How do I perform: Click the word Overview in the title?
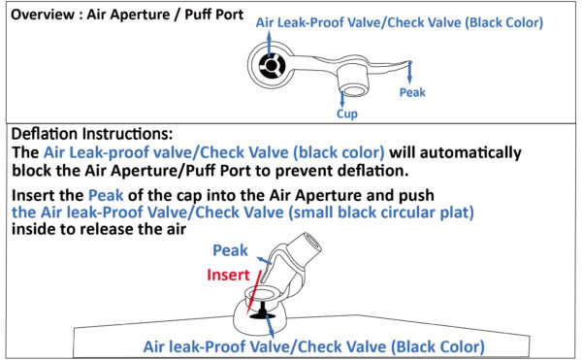(43, 15)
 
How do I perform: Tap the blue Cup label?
(347, 114)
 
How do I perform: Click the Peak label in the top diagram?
(412, 92)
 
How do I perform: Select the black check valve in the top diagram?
(272, 66)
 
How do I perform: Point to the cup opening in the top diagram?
(355, 90)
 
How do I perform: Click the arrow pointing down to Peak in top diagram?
(409, 72)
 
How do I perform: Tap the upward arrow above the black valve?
(269, 44)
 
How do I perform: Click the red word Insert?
(228, 275)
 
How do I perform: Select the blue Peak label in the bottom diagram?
(230, 250)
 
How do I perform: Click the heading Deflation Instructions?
(92, 134)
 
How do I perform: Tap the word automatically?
(455, 152)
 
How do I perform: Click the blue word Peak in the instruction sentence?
(106, 195)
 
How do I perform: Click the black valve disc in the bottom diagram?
(263, 315)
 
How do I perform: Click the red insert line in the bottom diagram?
(254, 293)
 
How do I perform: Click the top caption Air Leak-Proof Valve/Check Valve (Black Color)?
(400, 23)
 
